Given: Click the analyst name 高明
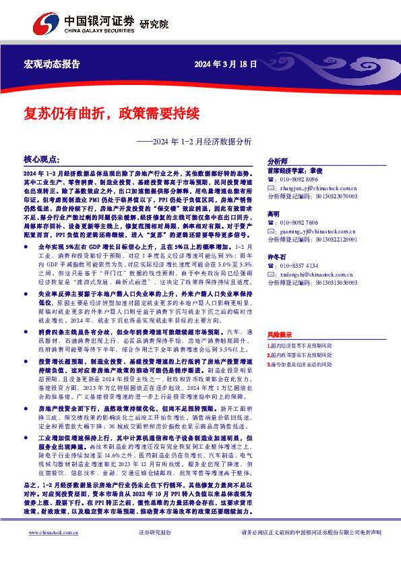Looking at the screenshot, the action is [274, 213].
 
